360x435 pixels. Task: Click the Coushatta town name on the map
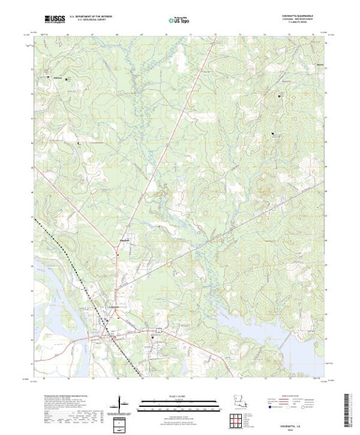[x=112, y=307]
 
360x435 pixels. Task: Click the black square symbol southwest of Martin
[x=272, y=133]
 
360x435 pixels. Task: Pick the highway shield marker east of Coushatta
[x=162, y=329]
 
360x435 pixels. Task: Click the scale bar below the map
[x=179, y=404]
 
